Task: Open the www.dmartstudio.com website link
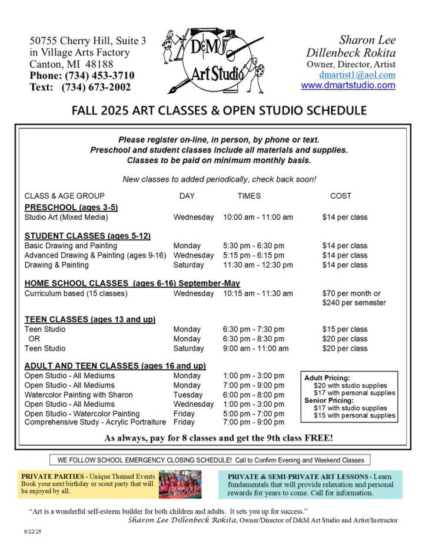[348, 85]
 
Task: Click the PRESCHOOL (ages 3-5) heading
[71, 207]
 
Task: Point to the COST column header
[341, 196]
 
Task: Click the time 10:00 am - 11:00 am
[258, 217]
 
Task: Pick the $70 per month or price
[351, 294]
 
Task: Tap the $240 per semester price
[354, 303]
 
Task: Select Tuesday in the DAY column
[188, 395]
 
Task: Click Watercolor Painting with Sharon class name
[78, 395]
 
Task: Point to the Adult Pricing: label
[327, 378]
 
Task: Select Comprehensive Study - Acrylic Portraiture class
[95, 422]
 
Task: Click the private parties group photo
[180, 484]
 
